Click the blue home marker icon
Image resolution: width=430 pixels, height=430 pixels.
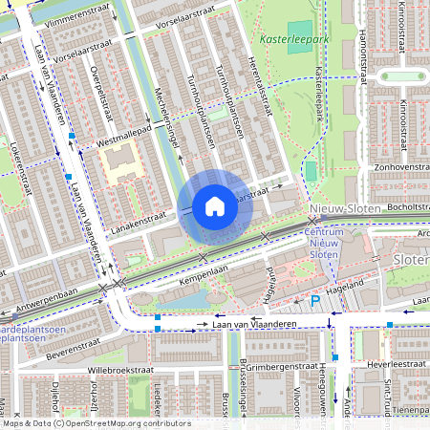(215, 206)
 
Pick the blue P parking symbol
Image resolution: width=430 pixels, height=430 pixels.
(314, 302)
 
